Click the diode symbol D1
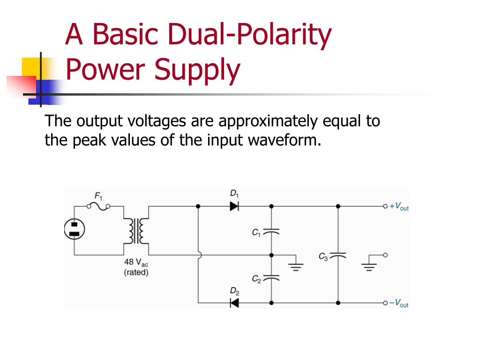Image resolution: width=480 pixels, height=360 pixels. click(234, 206)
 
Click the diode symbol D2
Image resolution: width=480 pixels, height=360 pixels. click(234, 303)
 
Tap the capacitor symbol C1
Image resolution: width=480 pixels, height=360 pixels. click(271, 232)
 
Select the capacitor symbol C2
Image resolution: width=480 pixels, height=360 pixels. click(271, 278)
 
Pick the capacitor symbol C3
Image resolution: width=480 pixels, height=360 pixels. click(338, 255)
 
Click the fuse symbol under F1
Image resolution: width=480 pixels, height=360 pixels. click(98, 207)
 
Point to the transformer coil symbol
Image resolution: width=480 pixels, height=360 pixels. click(136, 231)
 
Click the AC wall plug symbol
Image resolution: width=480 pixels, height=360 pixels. click(75, 229)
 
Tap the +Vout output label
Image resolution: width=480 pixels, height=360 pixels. click(399, 206)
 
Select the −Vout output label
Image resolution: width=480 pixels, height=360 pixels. click(398, 303)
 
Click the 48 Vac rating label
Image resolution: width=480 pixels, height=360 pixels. click(136, 262)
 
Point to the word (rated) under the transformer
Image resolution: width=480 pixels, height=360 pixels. click(136, 272)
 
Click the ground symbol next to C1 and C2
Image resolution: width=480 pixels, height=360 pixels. click(296, 263)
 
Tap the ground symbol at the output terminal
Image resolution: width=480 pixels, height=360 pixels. click(369, 263)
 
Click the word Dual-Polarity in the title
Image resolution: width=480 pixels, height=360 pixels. click(249, 34)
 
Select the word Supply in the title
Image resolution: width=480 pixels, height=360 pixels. click(197, 70)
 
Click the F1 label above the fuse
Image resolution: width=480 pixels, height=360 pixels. click(98, 196)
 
